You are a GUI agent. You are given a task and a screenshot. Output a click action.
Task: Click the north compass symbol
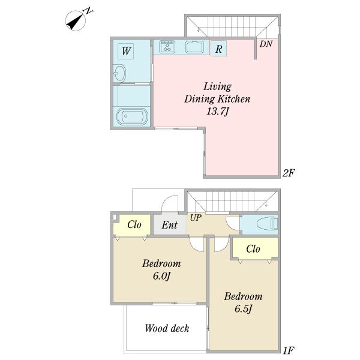pos(78,20)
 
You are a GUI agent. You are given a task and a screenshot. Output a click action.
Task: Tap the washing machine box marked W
pos(125,51)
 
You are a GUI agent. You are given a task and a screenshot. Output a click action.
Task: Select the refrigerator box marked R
pos(218,48)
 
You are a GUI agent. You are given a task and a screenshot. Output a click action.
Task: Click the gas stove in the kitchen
pos(167,47)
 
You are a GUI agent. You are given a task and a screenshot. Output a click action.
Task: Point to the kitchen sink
pos(195,47)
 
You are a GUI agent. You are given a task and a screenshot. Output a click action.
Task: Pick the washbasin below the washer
pos(119,73)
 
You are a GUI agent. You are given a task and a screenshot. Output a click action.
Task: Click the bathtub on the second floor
pos(132,116)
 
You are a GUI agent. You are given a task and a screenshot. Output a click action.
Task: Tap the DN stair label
pos(266,44)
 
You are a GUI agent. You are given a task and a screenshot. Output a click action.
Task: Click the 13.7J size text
pos(218,112)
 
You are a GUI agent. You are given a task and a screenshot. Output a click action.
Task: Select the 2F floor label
pos(289,173)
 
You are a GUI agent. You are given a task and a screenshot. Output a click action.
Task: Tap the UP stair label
pos(196,217)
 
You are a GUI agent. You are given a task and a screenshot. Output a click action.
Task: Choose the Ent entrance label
pos(169,225)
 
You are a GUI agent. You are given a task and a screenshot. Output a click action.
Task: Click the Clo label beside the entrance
pos(134,224)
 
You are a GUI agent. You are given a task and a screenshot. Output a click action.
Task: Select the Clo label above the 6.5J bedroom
pos(253,248)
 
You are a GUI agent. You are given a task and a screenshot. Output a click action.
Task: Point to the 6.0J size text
pos(162,276)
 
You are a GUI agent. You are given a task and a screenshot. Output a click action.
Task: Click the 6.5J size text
pos(244,309)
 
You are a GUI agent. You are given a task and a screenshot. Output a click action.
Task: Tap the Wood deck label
pos(167,328)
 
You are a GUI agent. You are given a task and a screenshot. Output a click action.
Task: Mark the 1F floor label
pos(289,350)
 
